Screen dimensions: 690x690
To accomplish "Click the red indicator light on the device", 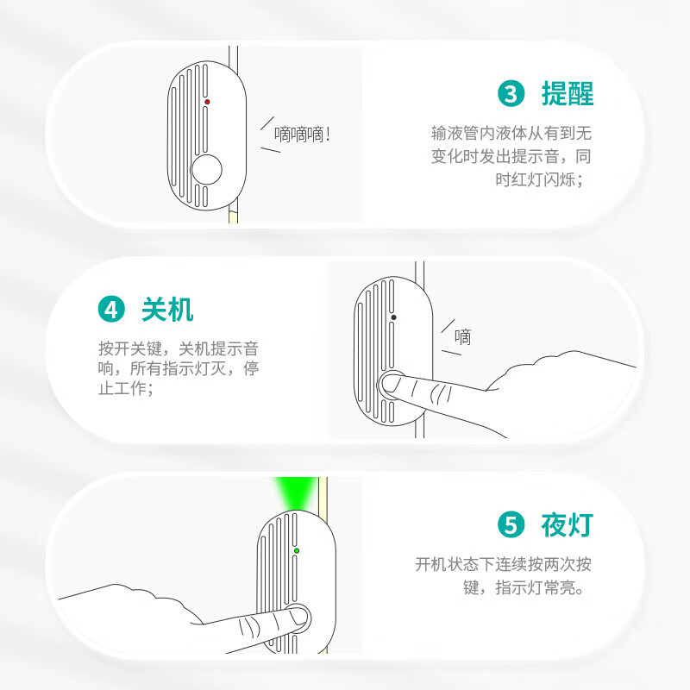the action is (x=207, y=102).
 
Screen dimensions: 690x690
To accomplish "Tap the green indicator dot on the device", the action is (x=297, y=550).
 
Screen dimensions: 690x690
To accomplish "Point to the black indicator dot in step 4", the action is (x=393, y=317).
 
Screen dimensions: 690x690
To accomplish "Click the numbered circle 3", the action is (x=511, y=93).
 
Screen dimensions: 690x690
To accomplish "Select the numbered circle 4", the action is (x=111, y=309).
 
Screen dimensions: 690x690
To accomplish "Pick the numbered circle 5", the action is (x=511, y=524).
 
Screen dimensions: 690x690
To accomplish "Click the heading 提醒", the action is (x=568, y=93).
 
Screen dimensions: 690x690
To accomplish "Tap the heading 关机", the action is (x=167, y=309).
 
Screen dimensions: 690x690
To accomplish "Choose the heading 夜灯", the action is (x=568, y=524).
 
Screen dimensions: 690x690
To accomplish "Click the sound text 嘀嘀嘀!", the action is (x=303, y=135).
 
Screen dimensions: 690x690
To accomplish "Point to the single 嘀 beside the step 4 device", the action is (x=462, y=337).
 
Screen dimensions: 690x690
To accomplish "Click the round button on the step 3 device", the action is (x=206, y=169).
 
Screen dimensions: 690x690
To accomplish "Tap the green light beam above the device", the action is (x=295, y=492).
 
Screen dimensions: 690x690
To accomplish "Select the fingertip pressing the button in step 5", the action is (x=298, y=615).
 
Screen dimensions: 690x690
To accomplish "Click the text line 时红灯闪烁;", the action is (x=540, y=179).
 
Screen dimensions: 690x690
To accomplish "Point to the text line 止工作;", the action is (x=126, y=388).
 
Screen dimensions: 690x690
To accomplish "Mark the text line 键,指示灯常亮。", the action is (x=524, y=587).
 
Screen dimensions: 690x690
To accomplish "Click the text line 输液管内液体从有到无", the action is (x=511, y=133).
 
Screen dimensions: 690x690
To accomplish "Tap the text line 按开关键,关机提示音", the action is (x=179, y=348).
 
